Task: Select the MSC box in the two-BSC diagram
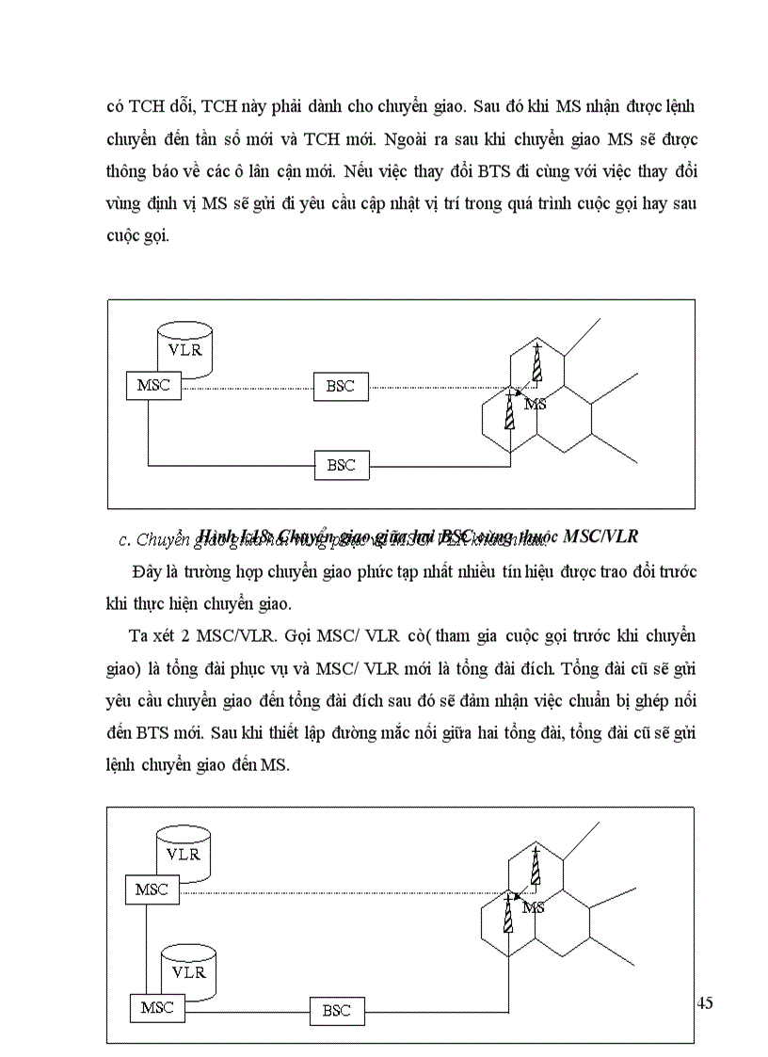[x=153, y=385]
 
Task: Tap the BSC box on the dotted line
[x=341, y=386]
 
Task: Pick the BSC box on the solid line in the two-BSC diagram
[x=341, y=465]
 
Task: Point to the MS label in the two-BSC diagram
[x=535, y=404]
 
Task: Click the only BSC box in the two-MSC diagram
[x=336, y=1011]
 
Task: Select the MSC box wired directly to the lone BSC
[x=157, y=1007]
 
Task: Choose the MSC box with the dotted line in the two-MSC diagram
[x=152, y=889]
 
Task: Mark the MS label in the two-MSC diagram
[x=534, y=907]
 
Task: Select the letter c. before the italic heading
[x=125, y=540]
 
